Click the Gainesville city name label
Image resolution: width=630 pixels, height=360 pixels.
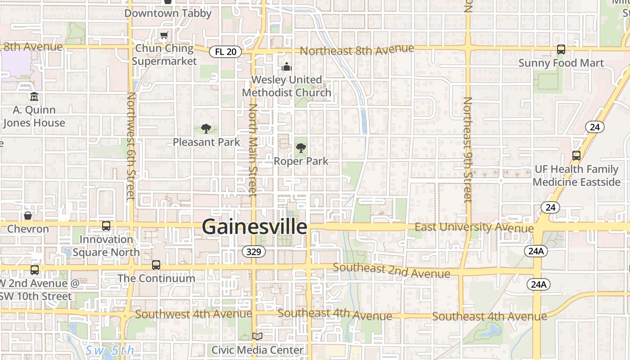point(254,226)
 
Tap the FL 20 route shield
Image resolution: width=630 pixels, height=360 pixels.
point(225,52)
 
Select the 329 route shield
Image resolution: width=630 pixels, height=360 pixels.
point(254,252)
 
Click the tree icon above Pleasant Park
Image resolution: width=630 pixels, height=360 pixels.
point(206,129)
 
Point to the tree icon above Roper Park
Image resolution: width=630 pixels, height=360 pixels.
point(301,148)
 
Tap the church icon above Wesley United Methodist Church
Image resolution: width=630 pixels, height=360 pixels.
point(287,67)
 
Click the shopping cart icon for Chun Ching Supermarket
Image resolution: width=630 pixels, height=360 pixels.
point(164,36)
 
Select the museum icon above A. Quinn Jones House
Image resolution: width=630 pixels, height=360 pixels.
point(34,97)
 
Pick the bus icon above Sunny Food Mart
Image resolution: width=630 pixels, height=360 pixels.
point(561,49)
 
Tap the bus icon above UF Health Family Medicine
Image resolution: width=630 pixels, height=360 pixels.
point(576,156)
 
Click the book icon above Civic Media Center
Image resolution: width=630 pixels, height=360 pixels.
point(257,336)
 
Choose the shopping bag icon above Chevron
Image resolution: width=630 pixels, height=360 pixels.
point(28,216)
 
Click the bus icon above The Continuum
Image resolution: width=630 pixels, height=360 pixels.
point(156,265)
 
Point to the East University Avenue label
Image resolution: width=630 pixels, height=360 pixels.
point(474,227)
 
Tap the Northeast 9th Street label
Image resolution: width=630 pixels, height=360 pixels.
point(468,148)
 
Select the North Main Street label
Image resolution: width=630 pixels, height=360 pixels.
point(253,150)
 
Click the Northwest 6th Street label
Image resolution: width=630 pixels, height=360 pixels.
point(131,146)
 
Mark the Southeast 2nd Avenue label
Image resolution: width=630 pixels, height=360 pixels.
point(391,270)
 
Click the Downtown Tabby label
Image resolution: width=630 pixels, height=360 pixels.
point(168,13)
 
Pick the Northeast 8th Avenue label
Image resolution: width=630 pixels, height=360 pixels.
point(357,50)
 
